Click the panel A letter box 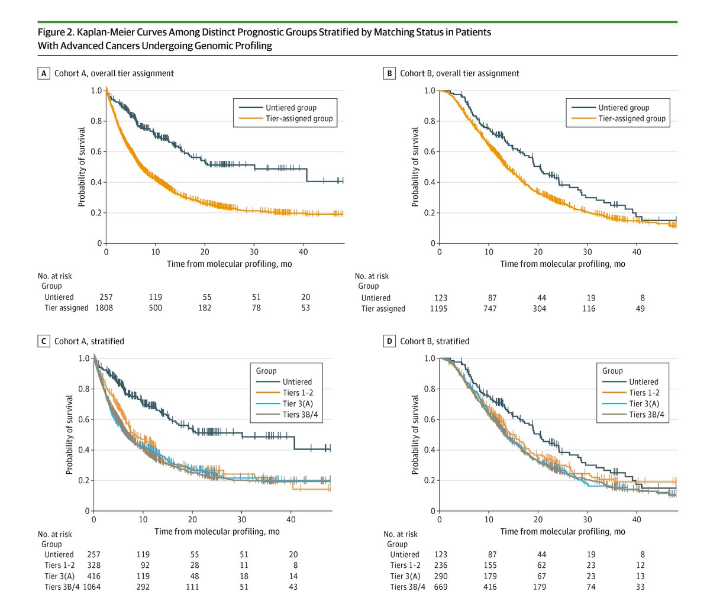tap(43, 73)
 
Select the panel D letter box tap(389, 341)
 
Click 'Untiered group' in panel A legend tap(291, 108)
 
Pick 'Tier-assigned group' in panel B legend tap(631, 119)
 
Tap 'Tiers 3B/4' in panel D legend tap(646, 415)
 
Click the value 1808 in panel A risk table tap(106, 308)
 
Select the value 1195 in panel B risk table tap(438, 309)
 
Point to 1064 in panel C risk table tap(92, 587)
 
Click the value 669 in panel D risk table tap(441, 587)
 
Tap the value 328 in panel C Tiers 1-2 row tap(93, 565)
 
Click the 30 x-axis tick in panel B tap(588, 252)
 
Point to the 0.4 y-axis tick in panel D tap(430, 450)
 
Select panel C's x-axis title tap(217, 531)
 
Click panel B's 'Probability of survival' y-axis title tap(415, 167)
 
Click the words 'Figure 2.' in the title tap(56, 32)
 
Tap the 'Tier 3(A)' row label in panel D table tap(405, 576)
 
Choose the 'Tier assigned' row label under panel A tap(66, 308)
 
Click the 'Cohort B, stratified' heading tap(434, 341)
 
